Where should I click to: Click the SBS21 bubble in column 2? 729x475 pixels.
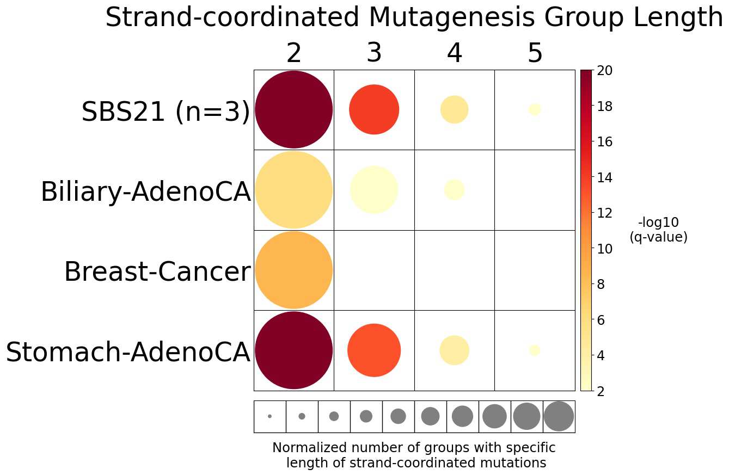[293, 109]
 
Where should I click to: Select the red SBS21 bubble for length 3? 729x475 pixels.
[374, 109]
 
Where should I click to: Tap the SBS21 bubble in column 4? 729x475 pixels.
[454, 109]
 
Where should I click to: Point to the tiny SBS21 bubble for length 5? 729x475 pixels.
[535, 109]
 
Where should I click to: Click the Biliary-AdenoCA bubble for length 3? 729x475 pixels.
[374, 190]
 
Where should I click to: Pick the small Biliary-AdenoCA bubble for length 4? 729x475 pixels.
[454, 190]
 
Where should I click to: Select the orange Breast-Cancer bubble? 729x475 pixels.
[293, 270]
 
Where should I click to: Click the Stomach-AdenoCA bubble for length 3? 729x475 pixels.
[374, 350]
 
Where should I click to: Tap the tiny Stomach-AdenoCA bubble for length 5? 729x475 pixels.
[535, 350]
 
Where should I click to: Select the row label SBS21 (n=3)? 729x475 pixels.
[166, 113]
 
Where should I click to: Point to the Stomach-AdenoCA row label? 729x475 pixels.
[128, 353]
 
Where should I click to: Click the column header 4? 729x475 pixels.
[454, 54]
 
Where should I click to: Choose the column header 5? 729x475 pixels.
[535, 54]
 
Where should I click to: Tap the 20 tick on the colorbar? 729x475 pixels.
[605, 70]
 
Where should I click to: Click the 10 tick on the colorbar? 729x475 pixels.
[605, 249]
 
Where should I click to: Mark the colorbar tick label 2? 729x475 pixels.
[601, 391]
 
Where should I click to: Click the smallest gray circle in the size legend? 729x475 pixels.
[269, 416]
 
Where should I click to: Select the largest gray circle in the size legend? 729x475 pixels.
[559, 416]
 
